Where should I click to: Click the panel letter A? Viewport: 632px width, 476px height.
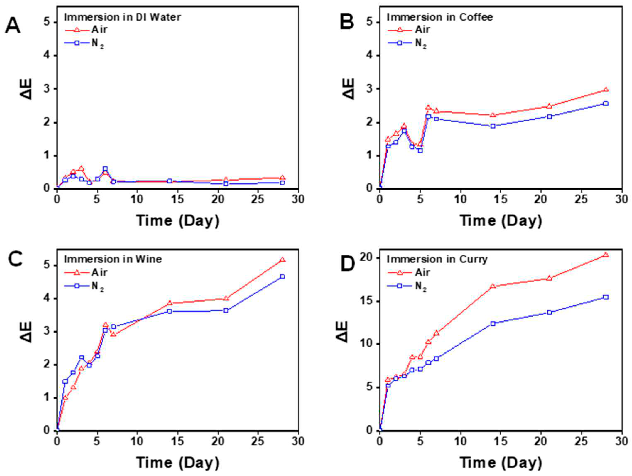[x=13, y=26]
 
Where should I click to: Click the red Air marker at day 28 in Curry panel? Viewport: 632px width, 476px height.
[x=605, y=255]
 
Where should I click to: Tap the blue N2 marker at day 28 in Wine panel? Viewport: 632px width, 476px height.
[x=282, y=277]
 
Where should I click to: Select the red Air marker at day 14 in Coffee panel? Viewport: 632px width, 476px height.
[x=493, y=115]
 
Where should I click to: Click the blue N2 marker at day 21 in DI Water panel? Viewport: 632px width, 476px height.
[x=226, y=184]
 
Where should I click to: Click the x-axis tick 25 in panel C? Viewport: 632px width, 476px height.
[x=258, y=441]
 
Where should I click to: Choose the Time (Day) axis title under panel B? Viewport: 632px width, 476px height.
[x=501, y=221]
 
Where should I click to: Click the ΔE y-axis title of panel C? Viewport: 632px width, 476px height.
[x=26, y=332]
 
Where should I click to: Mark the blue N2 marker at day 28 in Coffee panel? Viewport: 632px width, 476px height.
[x=605, y=104]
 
